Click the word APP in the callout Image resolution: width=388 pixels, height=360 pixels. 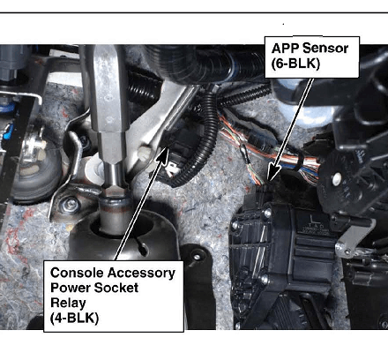tap(285, 49)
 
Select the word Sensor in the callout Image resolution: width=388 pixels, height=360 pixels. tap(325, 49)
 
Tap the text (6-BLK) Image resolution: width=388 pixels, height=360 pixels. tap(295, 64)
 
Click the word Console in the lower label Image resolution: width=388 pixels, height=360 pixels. tap(77, 273)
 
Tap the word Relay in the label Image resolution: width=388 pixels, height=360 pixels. tap(68, 304)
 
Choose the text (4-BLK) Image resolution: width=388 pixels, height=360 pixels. tap(74, 319)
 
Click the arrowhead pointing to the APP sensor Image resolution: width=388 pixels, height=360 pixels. tap(273, 173)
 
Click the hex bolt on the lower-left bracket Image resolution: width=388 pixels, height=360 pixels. tap(70, 204)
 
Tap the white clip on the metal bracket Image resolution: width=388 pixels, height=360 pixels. tap(144, 153)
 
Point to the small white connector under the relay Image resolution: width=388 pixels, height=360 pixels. tap(172, 169)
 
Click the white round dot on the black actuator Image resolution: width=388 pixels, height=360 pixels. tap(337, 176)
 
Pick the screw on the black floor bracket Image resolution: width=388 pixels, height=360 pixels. tap(197, 258)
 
